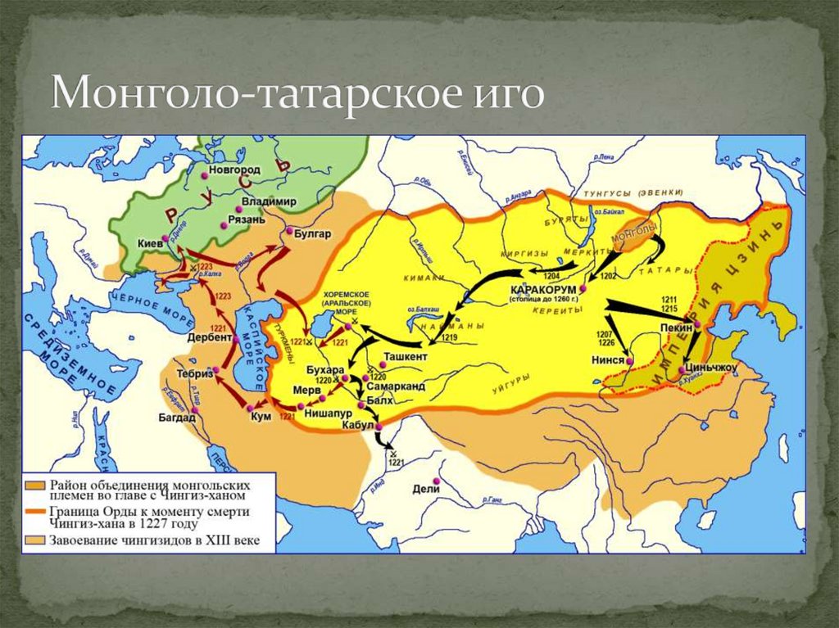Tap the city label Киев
pyautogui.click(x=149, y=243)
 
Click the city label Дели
pyautogui.click(x=426, y=489)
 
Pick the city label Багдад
pyautogui.click(x=177, y=417)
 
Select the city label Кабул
pyautogui.click(x=359, y=426)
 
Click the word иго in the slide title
pyautogui.click(x=509, y=94)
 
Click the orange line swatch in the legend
pyautogui.click(x=36, y=512)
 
